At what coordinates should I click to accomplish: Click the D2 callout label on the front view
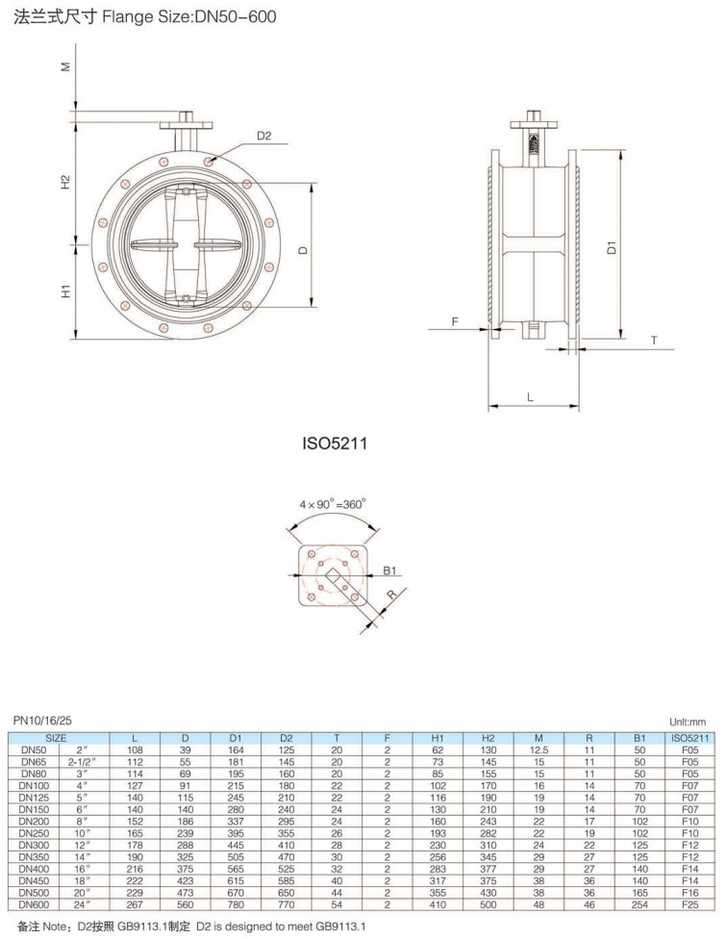click(x=263, y=136)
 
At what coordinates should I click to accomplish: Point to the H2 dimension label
click(x=65, y=182)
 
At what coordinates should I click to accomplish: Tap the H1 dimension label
click(x=65, y=292)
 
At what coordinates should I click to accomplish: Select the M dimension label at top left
click(x=65, y=66)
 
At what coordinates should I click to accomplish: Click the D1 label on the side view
click(x=611, y=246)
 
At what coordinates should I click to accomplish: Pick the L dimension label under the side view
click(x=530, y=397)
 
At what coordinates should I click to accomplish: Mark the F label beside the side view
click(x=455, y=322)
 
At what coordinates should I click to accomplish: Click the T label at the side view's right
click(x=654, y=341)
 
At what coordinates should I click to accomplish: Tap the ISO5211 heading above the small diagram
click(x=335, y=444)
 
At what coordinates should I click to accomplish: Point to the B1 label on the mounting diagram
click(x=389, y=571)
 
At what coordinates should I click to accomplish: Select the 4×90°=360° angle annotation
click(x=332, y=504)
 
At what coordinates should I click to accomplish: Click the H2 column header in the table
click(x=488, y=738)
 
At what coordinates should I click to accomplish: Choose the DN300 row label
click(x=34, y=845)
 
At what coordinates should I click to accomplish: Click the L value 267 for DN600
click(x=135, y=904)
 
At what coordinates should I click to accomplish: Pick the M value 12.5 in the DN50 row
click(x=538, y=750)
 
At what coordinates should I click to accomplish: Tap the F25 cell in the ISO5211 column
click(x=690, y=904)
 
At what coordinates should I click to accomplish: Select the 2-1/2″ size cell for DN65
click(x=82, y=762)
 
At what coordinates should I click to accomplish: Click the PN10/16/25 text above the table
click(x=42, y=721)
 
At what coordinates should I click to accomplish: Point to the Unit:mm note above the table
click(x=688, y=723)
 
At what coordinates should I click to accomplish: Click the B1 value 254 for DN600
click(x=639, y=904)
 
